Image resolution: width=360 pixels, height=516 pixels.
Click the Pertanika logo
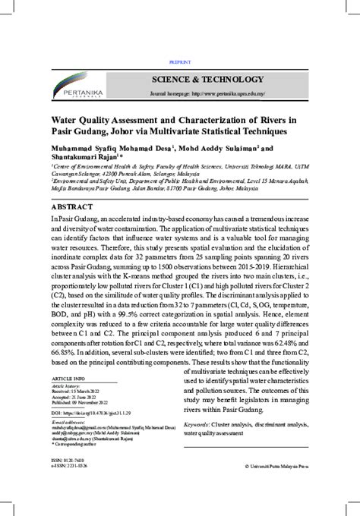83,85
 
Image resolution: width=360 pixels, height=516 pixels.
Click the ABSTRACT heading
72,207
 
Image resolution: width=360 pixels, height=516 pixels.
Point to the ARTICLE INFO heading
68,378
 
